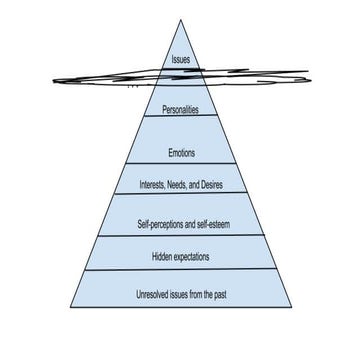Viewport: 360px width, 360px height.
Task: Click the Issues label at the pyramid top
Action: (181, 60)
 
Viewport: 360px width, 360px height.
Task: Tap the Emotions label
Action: (181, 154)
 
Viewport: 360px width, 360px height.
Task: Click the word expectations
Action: (192, 256)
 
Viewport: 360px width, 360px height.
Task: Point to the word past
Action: (218, 294)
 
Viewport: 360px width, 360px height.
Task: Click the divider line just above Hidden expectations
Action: (181, 237)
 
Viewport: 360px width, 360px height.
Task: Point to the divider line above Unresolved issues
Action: (181, 270)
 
